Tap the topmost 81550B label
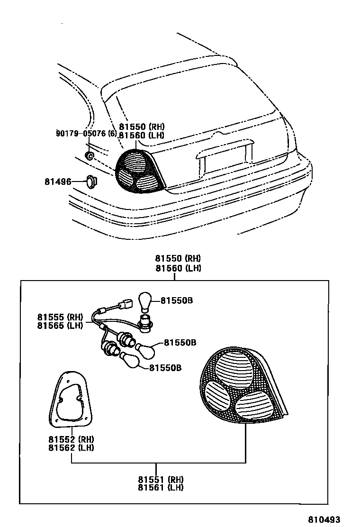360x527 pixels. coord(177,300)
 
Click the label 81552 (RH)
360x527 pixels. coord(71,439)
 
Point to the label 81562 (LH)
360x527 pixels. coord(71,447)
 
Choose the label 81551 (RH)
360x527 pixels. coord(161,479)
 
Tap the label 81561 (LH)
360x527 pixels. coord(161,487)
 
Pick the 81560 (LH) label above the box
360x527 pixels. coord(178,268)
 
